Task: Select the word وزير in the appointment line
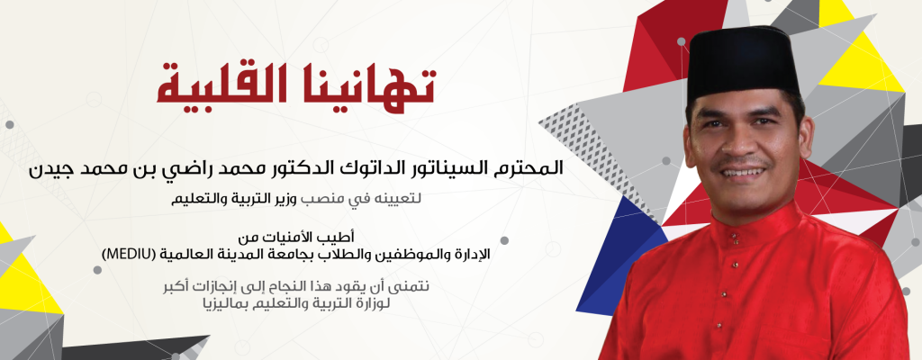[288, 200]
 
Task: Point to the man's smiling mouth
[744, 172]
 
